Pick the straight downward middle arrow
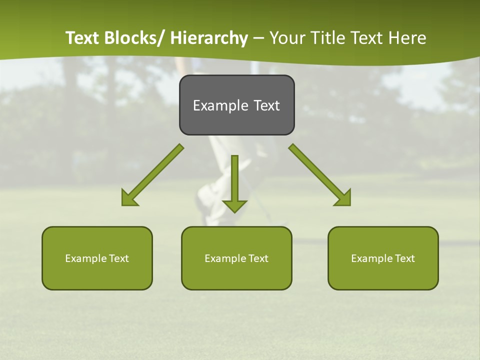(234, 182)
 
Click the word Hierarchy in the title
(209, 38)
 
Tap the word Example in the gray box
(220, 105)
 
